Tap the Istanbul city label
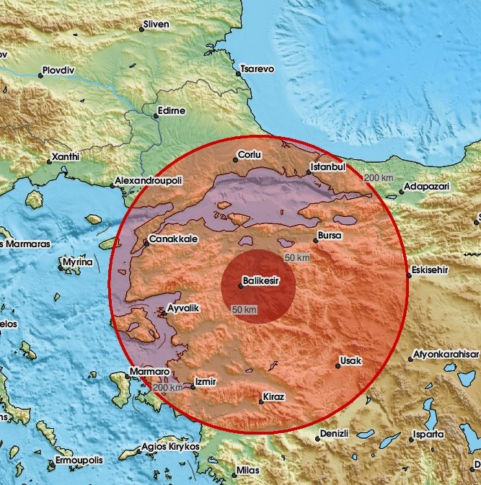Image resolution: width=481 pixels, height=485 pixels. [330, 166]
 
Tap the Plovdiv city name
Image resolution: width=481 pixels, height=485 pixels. [59, 71]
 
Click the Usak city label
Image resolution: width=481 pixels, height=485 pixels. [352, 361]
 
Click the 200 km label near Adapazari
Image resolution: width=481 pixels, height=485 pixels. [379, 178]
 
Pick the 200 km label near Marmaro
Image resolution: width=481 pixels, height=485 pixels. [168, 388]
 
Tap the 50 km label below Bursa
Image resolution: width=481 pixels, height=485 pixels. [296, 258]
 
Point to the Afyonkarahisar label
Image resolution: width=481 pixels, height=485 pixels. [445, 355]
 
